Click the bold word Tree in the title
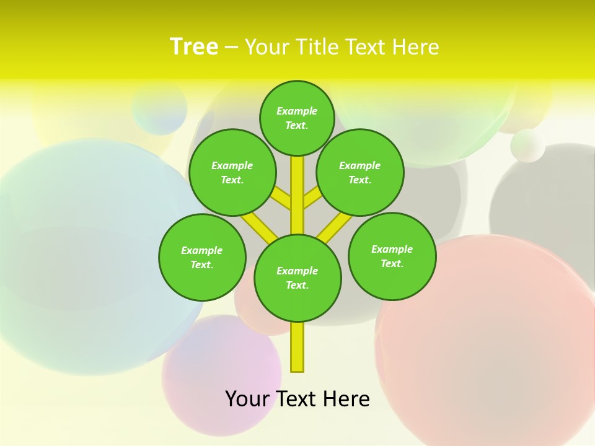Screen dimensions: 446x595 194,46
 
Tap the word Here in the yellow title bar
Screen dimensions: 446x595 415,46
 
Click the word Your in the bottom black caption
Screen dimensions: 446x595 247,399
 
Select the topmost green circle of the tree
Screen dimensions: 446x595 297,118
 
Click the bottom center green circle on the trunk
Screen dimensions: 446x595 297,278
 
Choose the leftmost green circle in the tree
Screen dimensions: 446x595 202,257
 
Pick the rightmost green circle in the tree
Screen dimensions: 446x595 392,256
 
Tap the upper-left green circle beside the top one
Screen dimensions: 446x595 232,172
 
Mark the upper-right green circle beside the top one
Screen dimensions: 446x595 360,172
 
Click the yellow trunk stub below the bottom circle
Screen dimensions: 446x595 297,347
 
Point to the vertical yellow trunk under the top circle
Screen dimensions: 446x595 297,192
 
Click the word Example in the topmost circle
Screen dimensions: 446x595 297,111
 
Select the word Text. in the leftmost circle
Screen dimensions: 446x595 202,265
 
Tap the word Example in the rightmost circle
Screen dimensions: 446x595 392,250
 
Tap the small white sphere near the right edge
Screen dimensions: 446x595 527,146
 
